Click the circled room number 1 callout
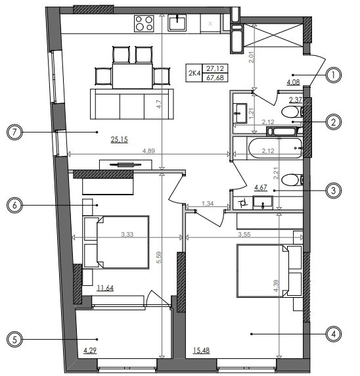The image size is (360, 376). point(334,75)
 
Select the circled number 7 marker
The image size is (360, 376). point(14,132)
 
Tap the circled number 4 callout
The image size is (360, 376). point(334,334)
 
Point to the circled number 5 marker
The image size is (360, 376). point(14,339)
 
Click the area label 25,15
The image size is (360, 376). point(119,139)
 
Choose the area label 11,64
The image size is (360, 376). point(105,287)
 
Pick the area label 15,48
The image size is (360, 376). point(201,350)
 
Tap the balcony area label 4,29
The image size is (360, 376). point(90,350)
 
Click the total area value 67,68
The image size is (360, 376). point(215,78)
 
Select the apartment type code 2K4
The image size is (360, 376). point(194,73)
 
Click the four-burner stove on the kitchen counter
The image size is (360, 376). point(144,24)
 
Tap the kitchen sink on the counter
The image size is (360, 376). point(177,23)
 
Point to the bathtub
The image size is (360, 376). point(275,148)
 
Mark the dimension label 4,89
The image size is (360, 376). point(148,151)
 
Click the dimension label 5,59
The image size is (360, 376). point(159,258)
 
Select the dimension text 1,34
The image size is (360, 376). point(208,204)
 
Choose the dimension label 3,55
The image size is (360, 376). point(244,234)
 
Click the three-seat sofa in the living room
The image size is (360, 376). point(132,104)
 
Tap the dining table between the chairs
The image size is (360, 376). point(132,76)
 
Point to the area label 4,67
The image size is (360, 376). point(261,187)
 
